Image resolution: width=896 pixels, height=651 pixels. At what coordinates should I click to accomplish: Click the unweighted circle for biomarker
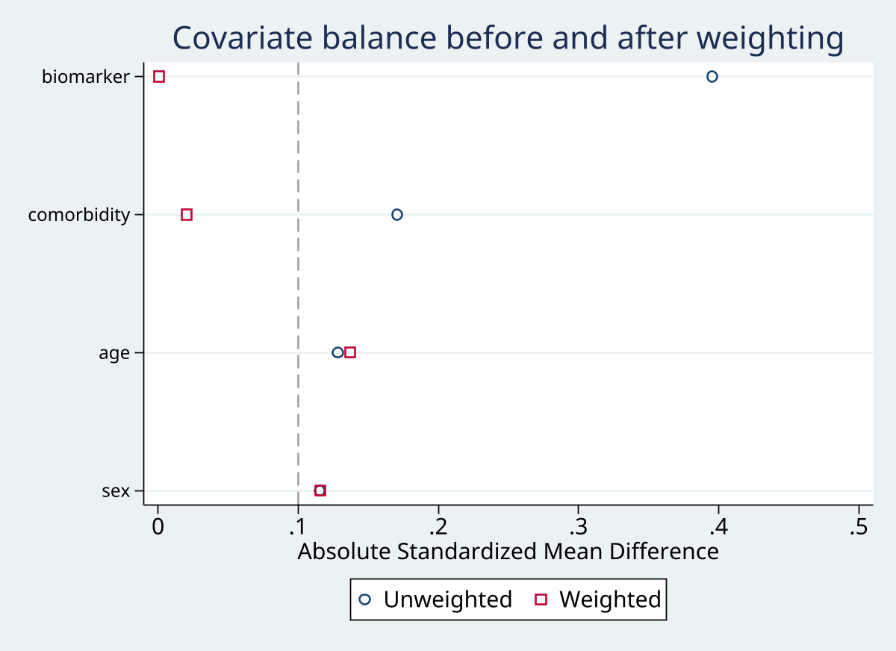pos(712,76)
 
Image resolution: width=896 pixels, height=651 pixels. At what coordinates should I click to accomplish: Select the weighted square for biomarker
pos(158,76)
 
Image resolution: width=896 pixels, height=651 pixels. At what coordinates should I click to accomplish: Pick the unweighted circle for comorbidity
pos(396,214)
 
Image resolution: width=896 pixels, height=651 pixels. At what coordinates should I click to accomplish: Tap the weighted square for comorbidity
pos(187,214)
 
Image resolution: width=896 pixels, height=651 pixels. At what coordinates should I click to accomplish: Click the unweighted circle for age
pos(337,352)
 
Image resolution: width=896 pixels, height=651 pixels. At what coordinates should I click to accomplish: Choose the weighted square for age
pos(350,352)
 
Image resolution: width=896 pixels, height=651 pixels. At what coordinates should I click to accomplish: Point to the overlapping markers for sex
pos(320,490)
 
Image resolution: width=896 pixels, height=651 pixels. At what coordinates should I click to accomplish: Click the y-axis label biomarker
pos(86,76)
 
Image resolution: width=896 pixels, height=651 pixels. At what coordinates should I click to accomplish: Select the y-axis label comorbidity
pos(79,215)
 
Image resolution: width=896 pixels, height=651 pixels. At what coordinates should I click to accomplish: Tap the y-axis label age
pos(114,353)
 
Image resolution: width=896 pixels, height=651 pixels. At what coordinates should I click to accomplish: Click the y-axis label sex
pos(116,491)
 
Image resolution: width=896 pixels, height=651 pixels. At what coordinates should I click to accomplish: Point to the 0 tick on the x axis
pos(158,527)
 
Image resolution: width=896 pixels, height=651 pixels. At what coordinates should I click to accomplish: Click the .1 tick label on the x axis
pos(297,527)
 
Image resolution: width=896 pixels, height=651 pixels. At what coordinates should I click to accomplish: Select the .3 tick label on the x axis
pos(578,527)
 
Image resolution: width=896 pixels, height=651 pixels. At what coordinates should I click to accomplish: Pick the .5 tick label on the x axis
pos(858,527)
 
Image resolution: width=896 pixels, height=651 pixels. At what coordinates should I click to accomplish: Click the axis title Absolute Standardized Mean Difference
pos(508,552)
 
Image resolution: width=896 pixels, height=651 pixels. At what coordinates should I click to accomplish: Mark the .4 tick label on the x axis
pos(718,527)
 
